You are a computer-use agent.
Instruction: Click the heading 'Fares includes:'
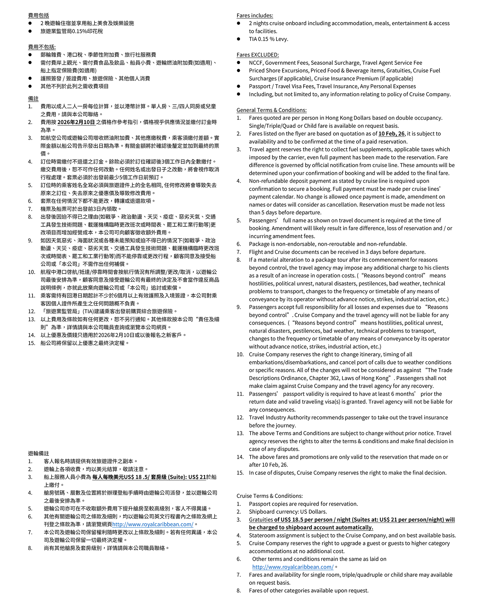tap(255, 15)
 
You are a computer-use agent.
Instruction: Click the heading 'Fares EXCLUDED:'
tap(258, 55)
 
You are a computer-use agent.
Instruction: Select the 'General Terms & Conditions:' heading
tap(271, 110)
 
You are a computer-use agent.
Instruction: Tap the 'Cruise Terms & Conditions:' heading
tap(269, 496)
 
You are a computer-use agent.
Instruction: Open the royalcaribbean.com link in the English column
tap(293, 567)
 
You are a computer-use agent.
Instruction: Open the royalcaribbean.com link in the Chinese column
tap(153, 524)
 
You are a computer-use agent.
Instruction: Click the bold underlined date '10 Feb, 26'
tap(391, 133)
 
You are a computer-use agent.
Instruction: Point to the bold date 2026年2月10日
tap(76, 122)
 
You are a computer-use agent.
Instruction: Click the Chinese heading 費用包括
tap(39, 15)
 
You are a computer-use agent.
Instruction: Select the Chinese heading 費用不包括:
tap(42, 47)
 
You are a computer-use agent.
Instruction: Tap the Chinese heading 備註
tap(33, 99)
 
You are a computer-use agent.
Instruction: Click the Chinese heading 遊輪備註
tap(39, 453)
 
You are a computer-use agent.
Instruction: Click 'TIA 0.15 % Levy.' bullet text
tap(268, 39)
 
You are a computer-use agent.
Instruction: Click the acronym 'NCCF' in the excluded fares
tap(256, 63)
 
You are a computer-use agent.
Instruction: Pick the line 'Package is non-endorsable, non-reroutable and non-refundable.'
tap(327, 244)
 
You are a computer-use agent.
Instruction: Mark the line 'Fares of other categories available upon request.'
tap(308, 590)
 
